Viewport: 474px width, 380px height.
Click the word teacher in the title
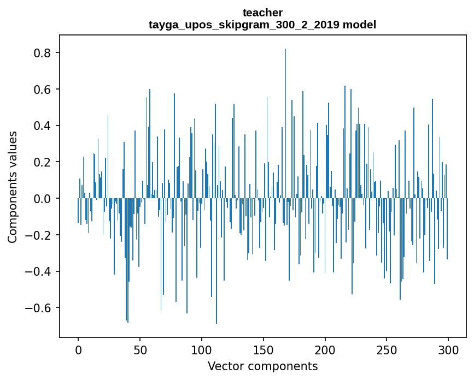[x=262, y=13]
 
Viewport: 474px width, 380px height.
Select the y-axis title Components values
[x=13, y=187]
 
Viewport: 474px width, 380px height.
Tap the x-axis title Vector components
[x=262, y=366]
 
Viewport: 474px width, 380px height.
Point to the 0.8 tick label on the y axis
[x=43, y=53]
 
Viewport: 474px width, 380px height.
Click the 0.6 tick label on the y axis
[x=43, y=90]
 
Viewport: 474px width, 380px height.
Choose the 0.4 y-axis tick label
[x=43, y=126]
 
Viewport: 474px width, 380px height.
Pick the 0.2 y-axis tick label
[x=43, y=162]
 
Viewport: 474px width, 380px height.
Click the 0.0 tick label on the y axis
[x=43, y=199]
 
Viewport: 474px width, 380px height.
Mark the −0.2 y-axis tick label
[x=39, y=235]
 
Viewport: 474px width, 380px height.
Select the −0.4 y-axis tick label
[x=39, y=271]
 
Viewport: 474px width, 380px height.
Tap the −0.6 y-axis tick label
[x=39, y=308]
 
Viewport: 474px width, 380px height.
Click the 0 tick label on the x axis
[x=78, y=349]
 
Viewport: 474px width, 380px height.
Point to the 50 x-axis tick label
[x=140, y=349]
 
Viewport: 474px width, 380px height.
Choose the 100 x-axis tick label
[x=201, y=349]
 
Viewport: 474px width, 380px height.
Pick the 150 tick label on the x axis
[x=263, y=349]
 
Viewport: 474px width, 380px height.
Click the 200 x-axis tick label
[x=325, y=349]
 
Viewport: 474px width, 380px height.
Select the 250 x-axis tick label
[x=387, y=349]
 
